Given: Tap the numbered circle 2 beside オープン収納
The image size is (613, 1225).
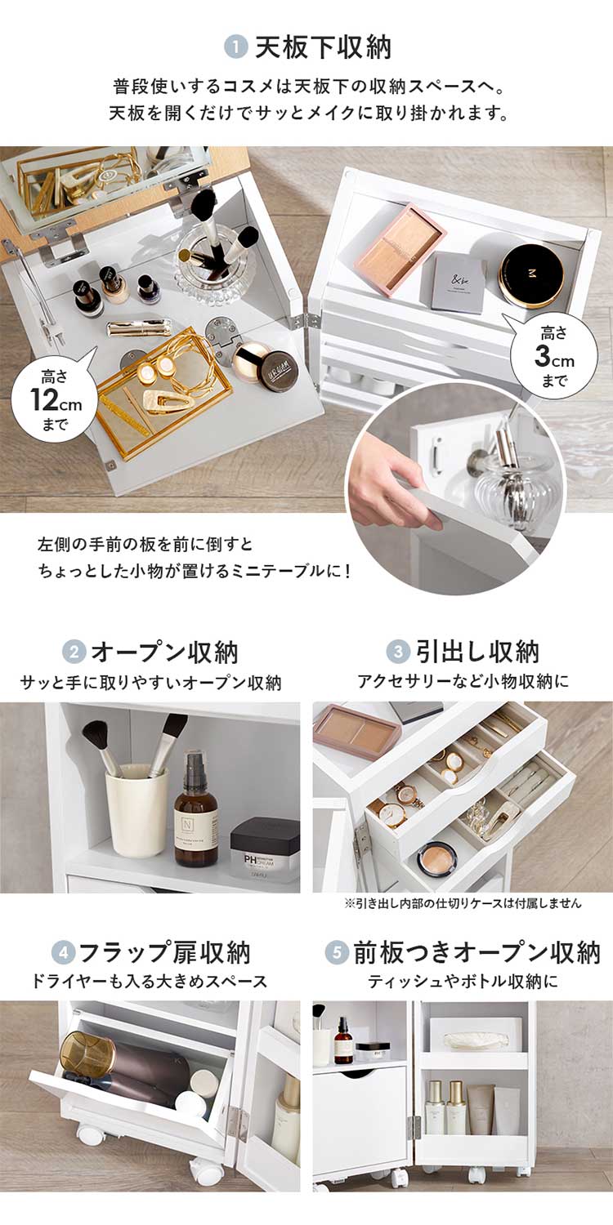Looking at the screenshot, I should click(74, 653).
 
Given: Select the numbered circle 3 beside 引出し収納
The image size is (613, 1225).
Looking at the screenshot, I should click(397, 653).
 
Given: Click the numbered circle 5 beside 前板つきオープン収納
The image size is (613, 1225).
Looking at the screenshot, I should click(336, 952).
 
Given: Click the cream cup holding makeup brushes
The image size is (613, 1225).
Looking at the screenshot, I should click(136, 808).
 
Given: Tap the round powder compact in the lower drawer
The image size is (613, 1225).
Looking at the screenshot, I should click(436, 857).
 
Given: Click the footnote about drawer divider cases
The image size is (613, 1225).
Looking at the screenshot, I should click(463, 903).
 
